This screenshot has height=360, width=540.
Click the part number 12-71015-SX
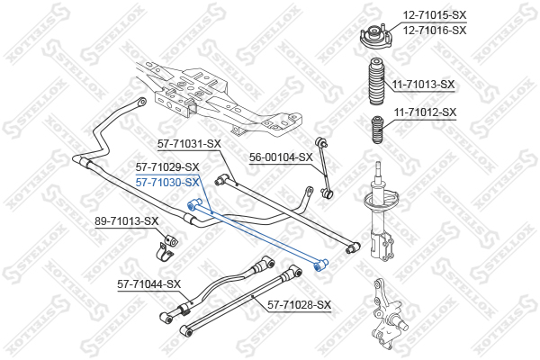pos(435,15)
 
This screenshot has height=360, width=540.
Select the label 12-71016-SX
pos(435,31)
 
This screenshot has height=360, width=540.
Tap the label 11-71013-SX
pos(423,85)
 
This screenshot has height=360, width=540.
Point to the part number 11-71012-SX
pos(425,112)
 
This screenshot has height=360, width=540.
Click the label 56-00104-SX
pos(281,157)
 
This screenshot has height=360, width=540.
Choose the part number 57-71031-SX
pos(189,144)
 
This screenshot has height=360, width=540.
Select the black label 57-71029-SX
pos(167,167)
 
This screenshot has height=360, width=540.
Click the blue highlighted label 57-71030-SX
pos(167,182)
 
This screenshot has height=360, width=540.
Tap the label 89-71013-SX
pos(127,220)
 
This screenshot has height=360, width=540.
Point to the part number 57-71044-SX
pos(148,284)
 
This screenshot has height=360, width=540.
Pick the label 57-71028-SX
pos(300,305)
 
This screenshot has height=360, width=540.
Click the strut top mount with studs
pos(375,38)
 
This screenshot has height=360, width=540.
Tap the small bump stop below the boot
pos(377,130)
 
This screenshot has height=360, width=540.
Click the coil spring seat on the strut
pos(382,201)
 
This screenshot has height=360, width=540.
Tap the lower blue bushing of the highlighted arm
pos(320,265)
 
